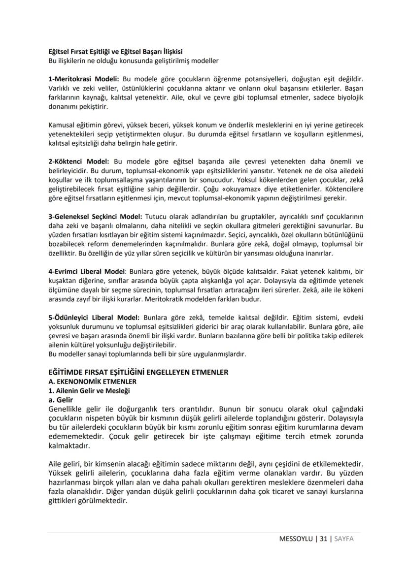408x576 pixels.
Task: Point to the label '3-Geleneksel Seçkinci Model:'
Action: [95, 217]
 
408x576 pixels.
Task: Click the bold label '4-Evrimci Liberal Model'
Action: [87, 271]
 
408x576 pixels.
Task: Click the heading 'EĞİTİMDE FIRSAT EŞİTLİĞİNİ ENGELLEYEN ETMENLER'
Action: [138, 372]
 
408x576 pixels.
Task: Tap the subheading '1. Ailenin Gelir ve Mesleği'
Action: [86, 390]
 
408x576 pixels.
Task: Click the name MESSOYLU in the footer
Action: [296, 538]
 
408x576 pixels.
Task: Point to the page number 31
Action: [323, 538]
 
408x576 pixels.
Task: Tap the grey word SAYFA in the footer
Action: [343, 538]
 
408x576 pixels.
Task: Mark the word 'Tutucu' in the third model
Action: [155, 217]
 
